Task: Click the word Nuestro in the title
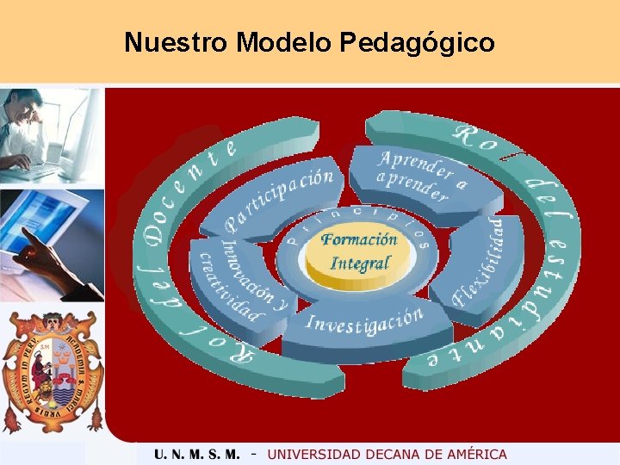click(x=176, y=42)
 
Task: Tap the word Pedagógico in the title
click(x=417, y=42)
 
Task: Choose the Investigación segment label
click(x=365, y=321)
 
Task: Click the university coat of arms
click(x=52, y=369)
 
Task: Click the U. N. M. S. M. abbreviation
click(x=197, y=454)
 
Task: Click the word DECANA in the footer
click(x=387, y=454)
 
